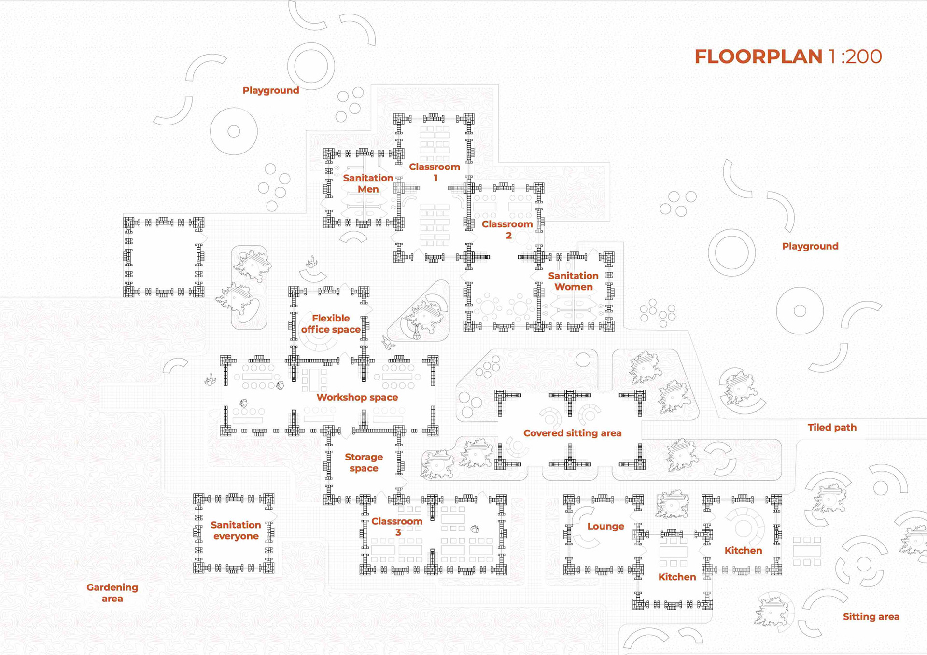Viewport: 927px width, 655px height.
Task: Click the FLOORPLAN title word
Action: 758,57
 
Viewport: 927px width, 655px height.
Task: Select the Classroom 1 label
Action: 435,172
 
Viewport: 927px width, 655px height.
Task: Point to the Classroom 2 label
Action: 507,230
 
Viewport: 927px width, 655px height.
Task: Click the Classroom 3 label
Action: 397,527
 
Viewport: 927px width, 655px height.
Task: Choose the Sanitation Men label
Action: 368,183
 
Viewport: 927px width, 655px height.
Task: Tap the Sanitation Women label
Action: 573,281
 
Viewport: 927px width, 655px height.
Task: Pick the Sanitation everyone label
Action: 236,530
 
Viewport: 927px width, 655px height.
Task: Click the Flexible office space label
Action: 331,323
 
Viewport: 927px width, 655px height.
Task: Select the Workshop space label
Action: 357,397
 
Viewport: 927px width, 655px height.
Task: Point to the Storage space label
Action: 364,462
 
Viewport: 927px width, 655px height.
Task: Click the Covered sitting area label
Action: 572,433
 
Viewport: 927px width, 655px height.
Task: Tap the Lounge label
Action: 605,526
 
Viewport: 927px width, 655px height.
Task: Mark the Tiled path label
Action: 832,427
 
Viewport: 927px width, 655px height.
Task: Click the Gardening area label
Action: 112,593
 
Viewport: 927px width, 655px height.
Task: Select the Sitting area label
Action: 871,616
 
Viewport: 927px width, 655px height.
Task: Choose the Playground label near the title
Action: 810,246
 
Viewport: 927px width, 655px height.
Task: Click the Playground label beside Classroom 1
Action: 270,90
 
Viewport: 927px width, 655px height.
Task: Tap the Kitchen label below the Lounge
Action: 677,577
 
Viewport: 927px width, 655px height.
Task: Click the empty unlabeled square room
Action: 164,257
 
